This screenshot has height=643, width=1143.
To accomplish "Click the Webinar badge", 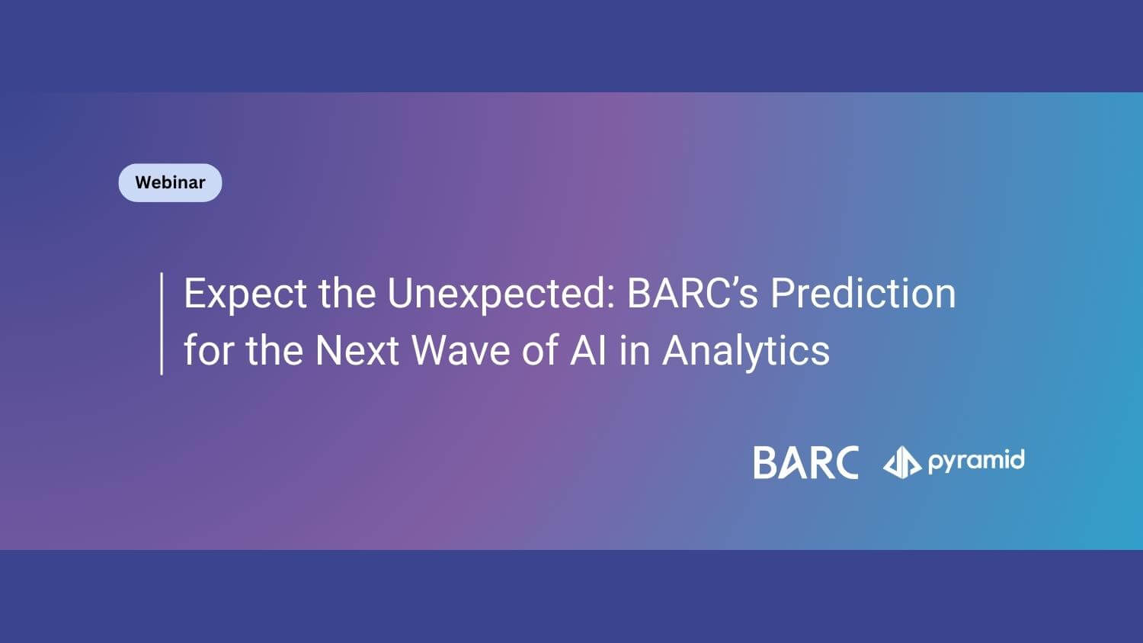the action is [x=171, y=183].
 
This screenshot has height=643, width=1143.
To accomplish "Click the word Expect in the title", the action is [x=245, y=294].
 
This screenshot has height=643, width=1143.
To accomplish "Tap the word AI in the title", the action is [x=588, y=350].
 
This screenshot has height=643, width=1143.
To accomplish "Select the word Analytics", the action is [x=746, y=352].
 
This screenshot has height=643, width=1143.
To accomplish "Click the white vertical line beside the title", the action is [x=162, y=324].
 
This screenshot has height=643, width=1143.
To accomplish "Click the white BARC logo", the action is [x=806, y=462].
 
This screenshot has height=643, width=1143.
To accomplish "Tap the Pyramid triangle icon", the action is [x=902, y=461].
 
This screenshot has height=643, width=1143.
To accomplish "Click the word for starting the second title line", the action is [x=209, y=350].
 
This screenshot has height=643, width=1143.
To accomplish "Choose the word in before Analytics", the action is [x=634, y=350].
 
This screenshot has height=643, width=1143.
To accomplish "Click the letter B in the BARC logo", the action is [x=764, y=463].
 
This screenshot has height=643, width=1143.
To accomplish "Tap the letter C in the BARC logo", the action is [x=844, y=462].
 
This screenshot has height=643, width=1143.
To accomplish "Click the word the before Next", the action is [x=274, y=350].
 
